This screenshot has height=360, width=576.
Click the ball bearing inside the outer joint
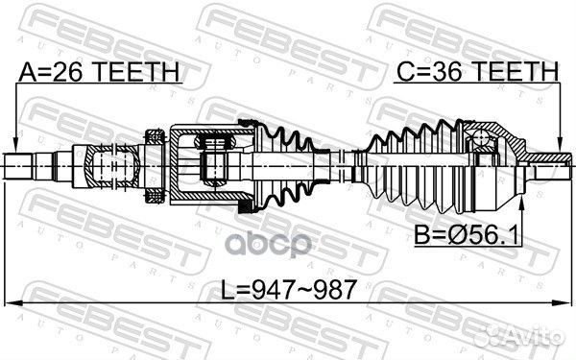coord(481,142)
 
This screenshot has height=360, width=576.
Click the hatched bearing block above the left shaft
coord(152,135)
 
